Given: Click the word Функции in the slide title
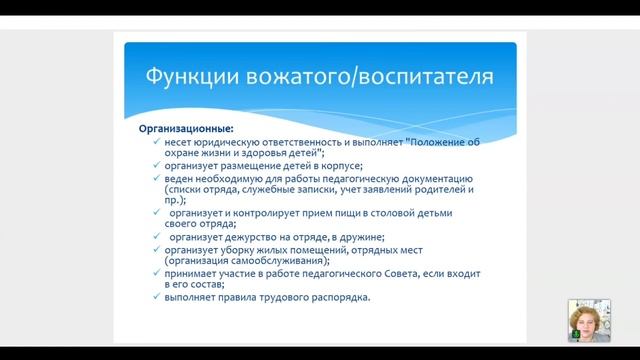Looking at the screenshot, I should (188, 76).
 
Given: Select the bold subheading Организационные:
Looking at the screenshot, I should (186, 129).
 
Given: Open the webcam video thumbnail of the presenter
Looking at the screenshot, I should (588, 321).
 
